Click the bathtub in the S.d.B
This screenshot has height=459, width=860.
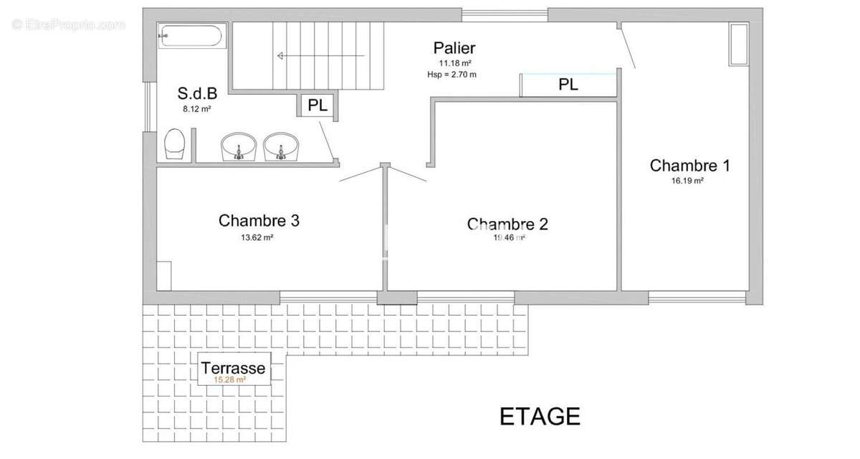pyautogui.click(x=191, y=36)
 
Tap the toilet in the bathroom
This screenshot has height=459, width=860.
pyautogui.click(x=176, y=143)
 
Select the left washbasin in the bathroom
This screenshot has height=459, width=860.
pyautogui.click(x=237, y=147)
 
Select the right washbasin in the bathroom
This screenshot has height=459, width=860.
pyautogui.click(x=280, y=147)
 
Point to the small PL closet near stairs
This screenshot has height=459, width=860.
pyautogui.click(x=317, y=105)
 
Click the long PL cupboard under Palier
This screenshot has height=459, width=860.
pyautogui.click(x=568, y=85)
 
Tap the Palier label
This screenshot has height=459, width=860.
pyautogui.click(x=454, y=48)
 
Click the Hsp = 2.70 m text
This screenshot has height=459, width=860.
pyautogui.click(x=451, y=74)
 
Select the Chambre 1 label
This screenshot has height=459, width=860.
pyautogui.click(x=689, y=166)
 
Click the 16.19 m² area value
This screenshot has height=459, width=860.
pyautogui.click(x=687, y=181)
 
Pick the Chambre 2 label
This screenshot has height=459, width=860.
pyautogui.click(x=507, y=224)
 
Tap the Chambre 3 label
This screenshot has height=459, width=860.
pyautogui.click(x=259, y=221)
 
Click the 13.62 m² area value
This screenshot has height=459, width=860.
pyautogui.click(x=257, y=237)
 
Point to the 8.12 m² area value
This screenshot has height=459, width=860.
pyautogui.click(x=196, y=110)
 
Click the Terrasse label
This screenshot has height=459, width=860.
pyautogui.click(x=233, y=369)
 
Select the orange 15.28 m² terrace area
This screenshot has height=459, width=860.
pyautogui.click(x=230, y=380)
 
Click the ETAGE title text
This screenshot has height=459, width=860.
pyautogui.click(x=540, y=416)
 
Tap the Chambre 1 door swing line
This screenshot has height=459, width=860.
pyautogui.click(x=629, y=47)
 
